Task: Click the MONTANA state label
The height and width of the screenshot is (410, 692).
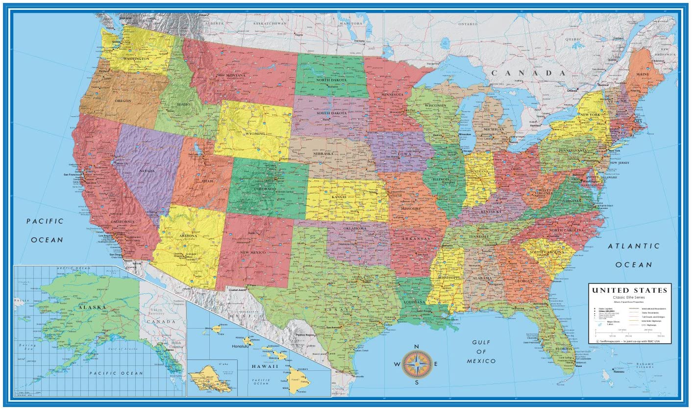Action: pyautogui.click(x=236, y=76)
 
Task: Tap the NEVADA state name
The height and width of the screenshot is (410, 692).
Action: pyautogui.click(x=147, y=171)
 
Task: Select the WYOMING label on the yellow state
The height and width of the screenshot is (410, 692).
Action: pyautogui.click(x=256, y=133)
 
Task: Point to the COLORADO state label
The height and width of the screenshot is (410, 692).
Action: pyautogui.click(x=265, y=189)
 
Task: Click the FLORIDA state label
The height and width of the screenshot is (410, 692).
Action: pyautogui.click(x=564, y=349)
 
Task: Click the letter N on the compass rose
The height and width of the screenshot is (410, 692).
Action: pyautogui.click(x=417, y=347)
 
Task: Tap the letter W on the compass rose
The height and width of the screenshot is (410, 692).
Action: pyautogui.click(x=396, y=364)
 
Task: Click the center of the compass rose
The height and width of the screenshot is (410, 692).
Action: pyautogui.click(x=417, y=364)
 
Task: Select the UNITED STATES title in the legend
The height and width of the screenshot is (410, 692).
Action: pyautogui.click(x=630, y=290)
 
